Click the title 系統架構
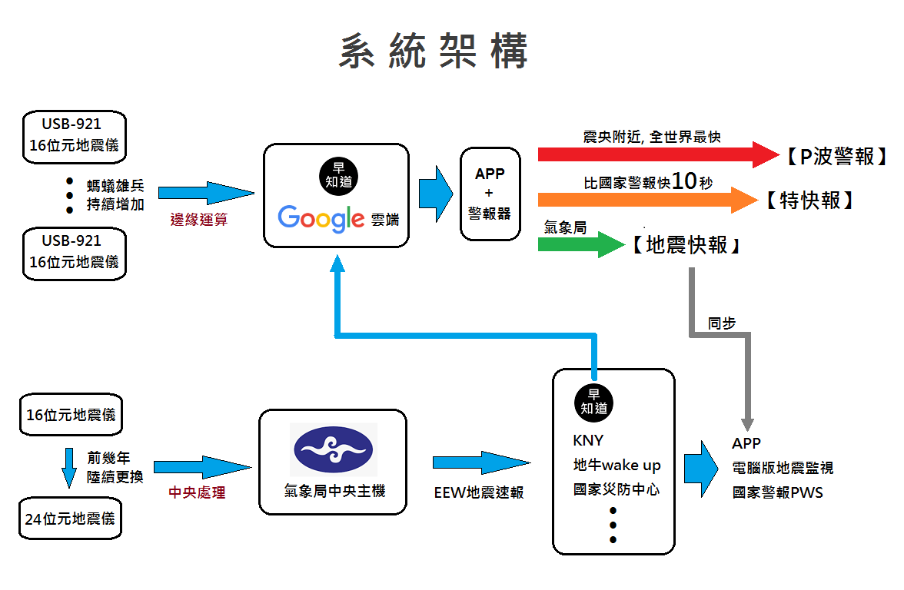[434, 52]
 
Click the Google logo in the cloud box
[321, 218]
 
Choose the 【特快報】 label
[810, 201]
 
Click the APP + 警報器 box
[490, 194]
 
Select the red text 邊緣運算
[199, 219]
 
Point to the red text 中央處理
[197, 492]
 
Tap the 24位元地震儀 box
[70, 519]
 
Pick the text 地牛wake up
[617, 466]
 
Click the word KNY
[588, 441]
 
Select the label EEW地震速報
[479, 492]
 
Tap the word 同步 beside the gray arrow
[722, 323]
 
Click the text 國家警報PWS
[777, 492]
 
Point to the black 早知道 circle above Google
[336, 174]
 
